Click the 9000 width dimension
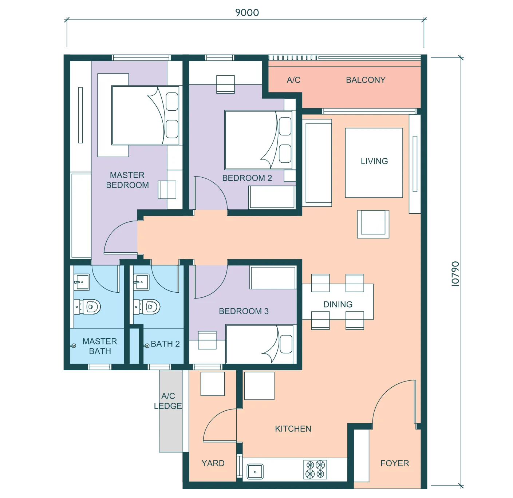(x=247, y=12)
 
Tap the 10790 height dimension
(x=455, y=274)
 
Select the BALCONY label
(x=366, y=80)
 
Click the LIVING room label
(x=374, y=161)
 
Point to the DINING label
(x=338, y=304)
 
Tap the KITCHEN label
(x=293, y=429)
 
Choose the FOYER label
(x=395, y=463)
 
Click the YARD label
(x=213, y=463)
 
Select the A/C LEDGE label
(x=168, y=401)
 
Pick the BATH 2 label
(x=165, y=344)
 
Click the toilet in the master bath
(x=87, y=307)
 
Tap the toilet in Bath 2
(x=147, y=307)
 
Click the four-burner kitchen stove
(x=315, y=469)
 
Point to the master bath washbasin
(x=82, y=282)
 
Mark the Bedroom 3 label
(x=244, y=311)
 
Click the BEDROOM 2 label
(x=247, y=178)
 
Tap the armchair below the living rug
(x=373, y=224)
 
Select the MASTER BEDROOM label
(x=127, y=180)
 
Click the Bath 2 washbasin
(x=141, y=282)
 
